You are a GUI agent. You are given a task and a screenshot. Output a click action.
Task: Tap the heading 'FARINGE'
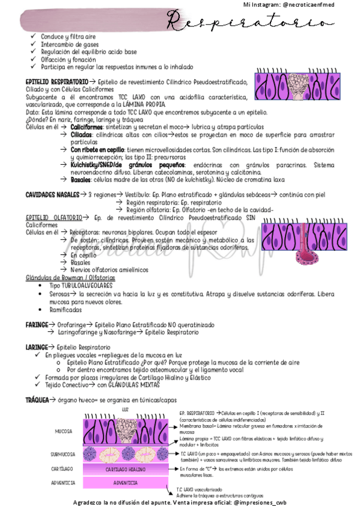(x=36, y=324)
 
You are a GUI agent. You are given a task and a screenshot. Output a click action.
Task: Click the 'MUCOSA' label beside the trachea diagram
(x=64, y=431)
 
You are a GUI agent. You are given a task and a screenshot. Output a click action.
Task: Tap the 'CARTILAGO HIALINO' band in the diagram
(x=125, y=469)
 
